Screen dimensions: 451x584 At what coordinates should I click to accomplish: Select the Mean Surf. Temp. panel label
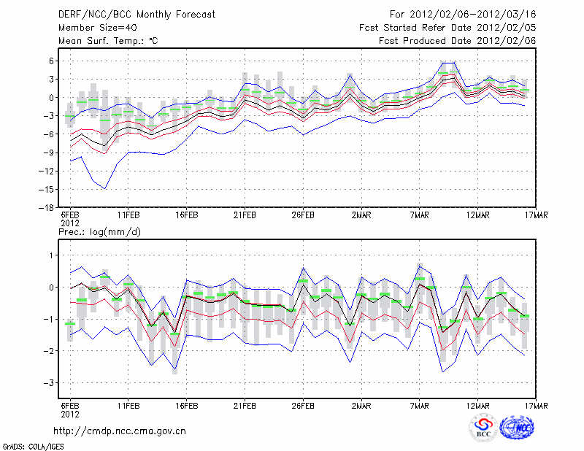click(107, 41)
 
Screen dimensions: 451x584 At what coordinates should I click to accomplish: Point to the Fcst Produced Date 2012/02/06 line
click(457, 41)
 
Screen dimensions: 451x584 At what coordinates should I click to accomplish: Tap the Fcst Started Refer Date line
click(447, 28)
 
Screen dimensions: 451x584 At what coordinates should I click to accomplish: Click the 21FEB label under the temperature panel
click(245, 216)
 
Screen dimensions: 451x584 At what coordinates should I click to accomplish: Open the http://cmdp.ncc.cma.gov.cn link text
click(120, 431)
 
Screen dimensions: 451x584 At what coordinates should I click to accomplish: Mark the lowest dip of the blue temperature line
click(105, 188)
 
